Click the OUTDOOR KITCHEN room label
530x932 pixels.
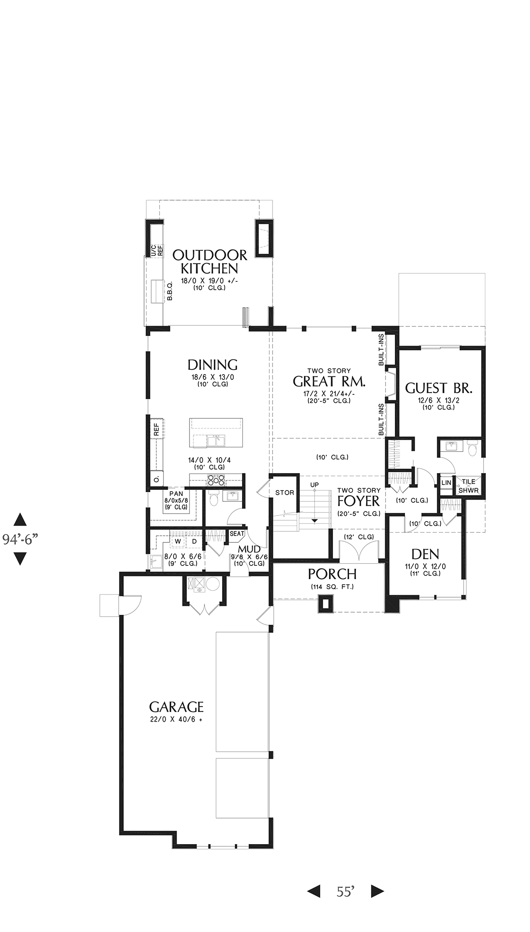click(210, 261)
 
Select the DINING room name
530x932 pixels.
click(212, 365)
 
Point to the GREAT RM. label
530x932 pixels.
click(329, 381)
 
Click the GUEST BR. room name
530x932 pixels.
click(439, 388)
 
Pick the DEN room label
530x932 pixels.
click(425, 554)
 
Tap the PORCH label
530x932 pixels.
click(332, 574)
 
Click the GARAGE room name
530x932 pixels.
click(176, 707)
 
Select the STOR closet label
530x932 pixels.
click(284, 493)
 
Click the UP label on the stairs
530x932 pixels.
click(314, 485)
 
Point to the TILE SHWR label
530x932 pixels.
click(468, 486)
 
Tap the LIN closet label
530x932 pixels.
click(446, 483)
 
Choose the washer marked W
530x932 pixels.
click(178, 541)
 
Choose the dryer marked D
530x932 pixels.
click(194, 541)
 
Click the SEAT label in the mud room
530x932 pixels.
click(237, 534)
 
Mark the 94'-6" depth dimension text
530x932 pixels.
click(20, 539)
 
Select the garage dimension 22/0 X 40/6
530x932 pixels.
click(176, 720)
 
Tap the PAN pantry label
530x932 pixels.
click(176, 494)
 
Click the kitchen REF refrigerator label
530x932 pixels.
click(156, 430)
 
